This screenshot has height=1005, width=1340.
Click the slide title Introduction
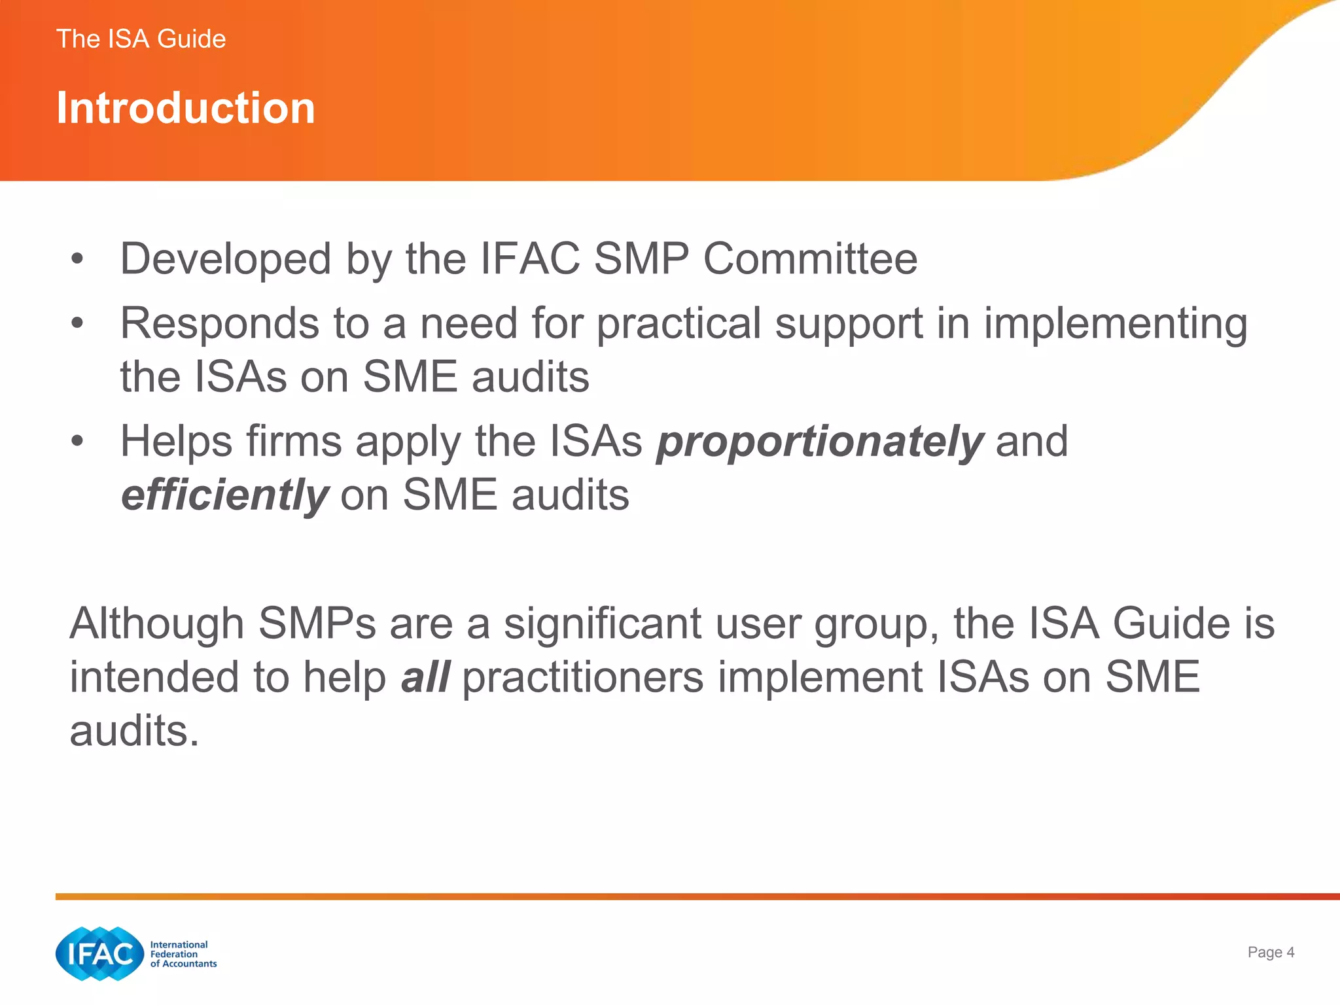pyautogui.click(x=186, y=108)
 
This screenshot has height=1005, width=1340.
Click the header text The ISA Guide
pyautogui.click(x=141, y=39)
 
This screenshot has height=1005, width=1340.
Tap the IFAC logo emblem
pyautogui.click(x=99, y=954)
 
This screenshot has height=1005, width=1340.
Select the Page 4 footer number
pyautogui.click(x=1271, y=952)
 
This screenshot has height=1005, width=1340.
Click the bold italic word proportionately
pyautogui.click(x=820, y=442)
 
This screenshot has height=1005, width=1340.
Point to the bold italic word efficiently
pyautogui.click(x=224, y=495)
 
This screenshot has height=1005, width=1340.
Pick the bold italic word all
pyautogui.click(x=425, y=677)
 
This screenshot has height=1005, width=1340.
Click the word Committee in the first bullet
pyautogui.click(x=810, y=259)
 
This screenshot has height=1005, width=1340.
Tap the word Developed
pyautogui.click(x=226, y=259)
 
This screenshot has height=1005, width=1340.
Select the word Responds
pyautogui.click(x=220, y=323)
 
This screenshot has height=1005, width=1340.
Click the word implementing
pyautogui.click(x=1116, y=325)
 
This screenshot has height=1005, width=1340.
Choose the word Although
pyautogui.click(x=157, y=624)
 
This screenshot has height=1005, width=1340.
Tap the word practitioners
pyautogui.click(x=583, y=677)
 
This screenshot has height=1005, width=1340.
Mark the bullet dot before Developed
pyautogui.click(x=78, y=259)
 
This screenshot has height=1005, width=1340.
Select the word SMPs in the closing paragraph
pyautogui.click(x=317, y=624)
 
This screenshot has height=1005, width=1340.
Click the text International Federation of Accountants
pyautogui.click(x=183, y=954)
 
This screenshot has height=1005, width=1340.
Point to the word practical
pyautogui.click(x=679, y=325)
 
